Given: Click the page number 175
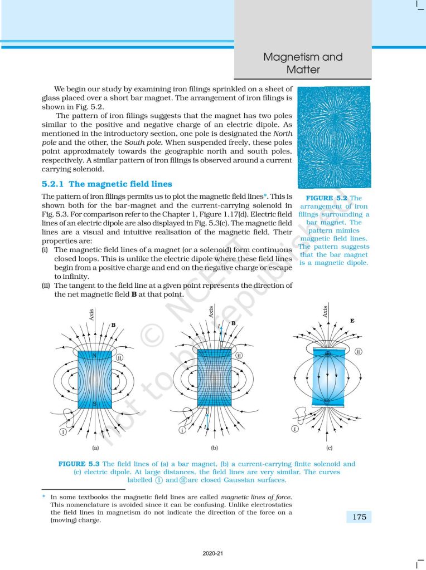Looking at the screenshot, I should [x=359, y=517].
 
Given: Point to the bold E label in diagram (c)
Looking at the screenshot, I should [x=352, y=321].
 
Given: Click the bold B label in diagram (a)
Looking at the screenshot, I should [x=113, y=325].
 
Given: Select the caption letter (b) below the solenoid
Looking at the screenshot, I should [x=214, y=447].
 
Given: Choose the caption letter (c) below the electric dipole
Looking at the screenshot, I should [x=330, y=447].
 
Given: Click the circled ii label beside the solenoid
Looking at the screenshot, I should [x=239, y=355].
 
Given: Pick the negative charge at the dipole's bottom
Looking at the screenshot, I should [x=329, y=399].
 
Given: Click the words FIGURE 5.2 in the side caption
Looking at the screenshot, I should [x=328, y=198].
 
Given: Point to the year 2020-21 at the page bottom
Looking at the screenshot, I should [x=212, y=554].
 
